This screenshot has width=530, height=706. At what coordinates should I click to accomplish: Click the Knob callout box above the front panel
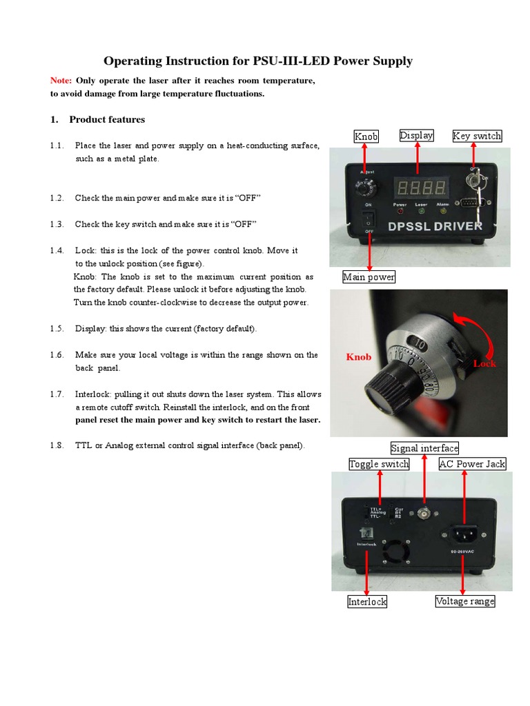coord(366,136)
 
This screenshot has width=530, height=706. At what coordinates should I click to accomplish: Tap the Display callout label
coord(416,135)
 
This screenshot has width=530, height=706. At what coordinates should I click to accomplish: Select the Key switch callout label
coord(477,136)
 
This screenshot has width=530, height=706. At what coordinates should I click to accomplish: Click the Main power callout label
coord(369,277)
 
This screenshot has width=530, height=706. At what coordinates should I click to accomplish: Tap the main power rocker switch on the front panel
coord(370,221)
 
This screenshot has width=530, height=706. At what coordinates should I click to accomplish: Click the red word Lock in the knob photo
coord(484,363)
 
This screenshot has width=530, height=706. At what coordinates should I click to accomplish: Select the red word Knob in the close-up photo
coord(358,356)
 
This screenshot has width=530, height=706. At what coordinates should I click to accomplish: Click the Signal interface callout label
coord(424,448)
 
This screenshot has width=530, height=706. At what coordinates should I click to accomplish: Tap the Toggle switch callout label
coord(379,464)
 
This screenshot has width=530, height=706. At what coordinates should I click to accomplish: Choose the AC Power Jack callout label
coord(472,464)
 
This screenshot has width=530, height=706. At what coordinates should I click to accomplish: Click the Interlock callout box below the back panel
coord(367,601)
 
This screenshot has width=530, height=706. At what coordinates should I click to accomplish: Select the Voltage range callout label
coord(464,601)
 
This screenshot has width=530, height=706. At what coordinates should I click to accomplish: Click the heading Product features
coord(107,119)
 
